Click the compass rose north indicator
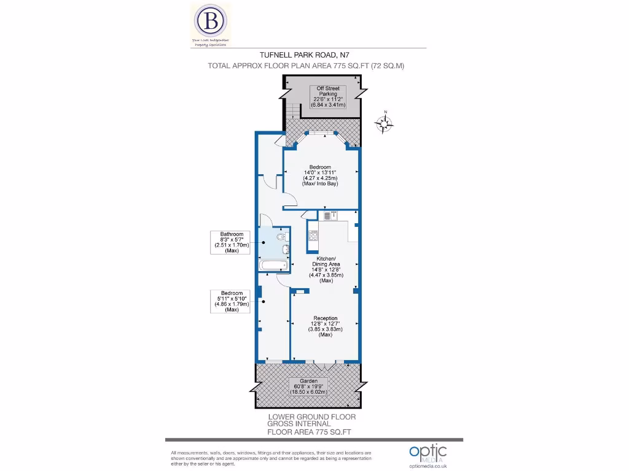click(x=385, y=124)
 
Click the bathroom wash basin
click(x=285, y=248)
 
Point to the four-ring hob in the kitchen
click(x=313, y=235)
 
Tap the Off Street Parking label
click(x=328, y=96)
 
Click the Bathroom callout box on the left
click(x=232, y=242)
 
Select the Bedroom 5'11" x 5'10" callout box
click(x=232, y=301)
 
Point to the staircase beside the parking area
click(x=294, y=111)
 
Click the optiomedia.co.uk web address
click(x=428, y=465)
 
